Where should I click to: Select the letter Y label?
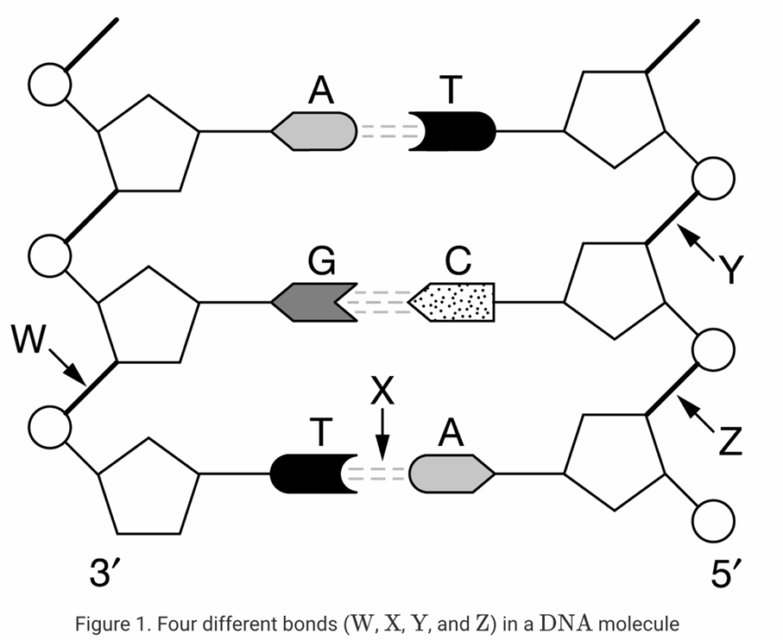[x=730, y=270]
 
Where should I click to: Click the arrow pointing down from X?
[x=382, y=436]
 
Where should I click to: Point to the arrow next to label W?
[x=66, y=365]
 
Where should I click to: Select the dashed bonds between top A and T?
[x=382, y=132]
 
